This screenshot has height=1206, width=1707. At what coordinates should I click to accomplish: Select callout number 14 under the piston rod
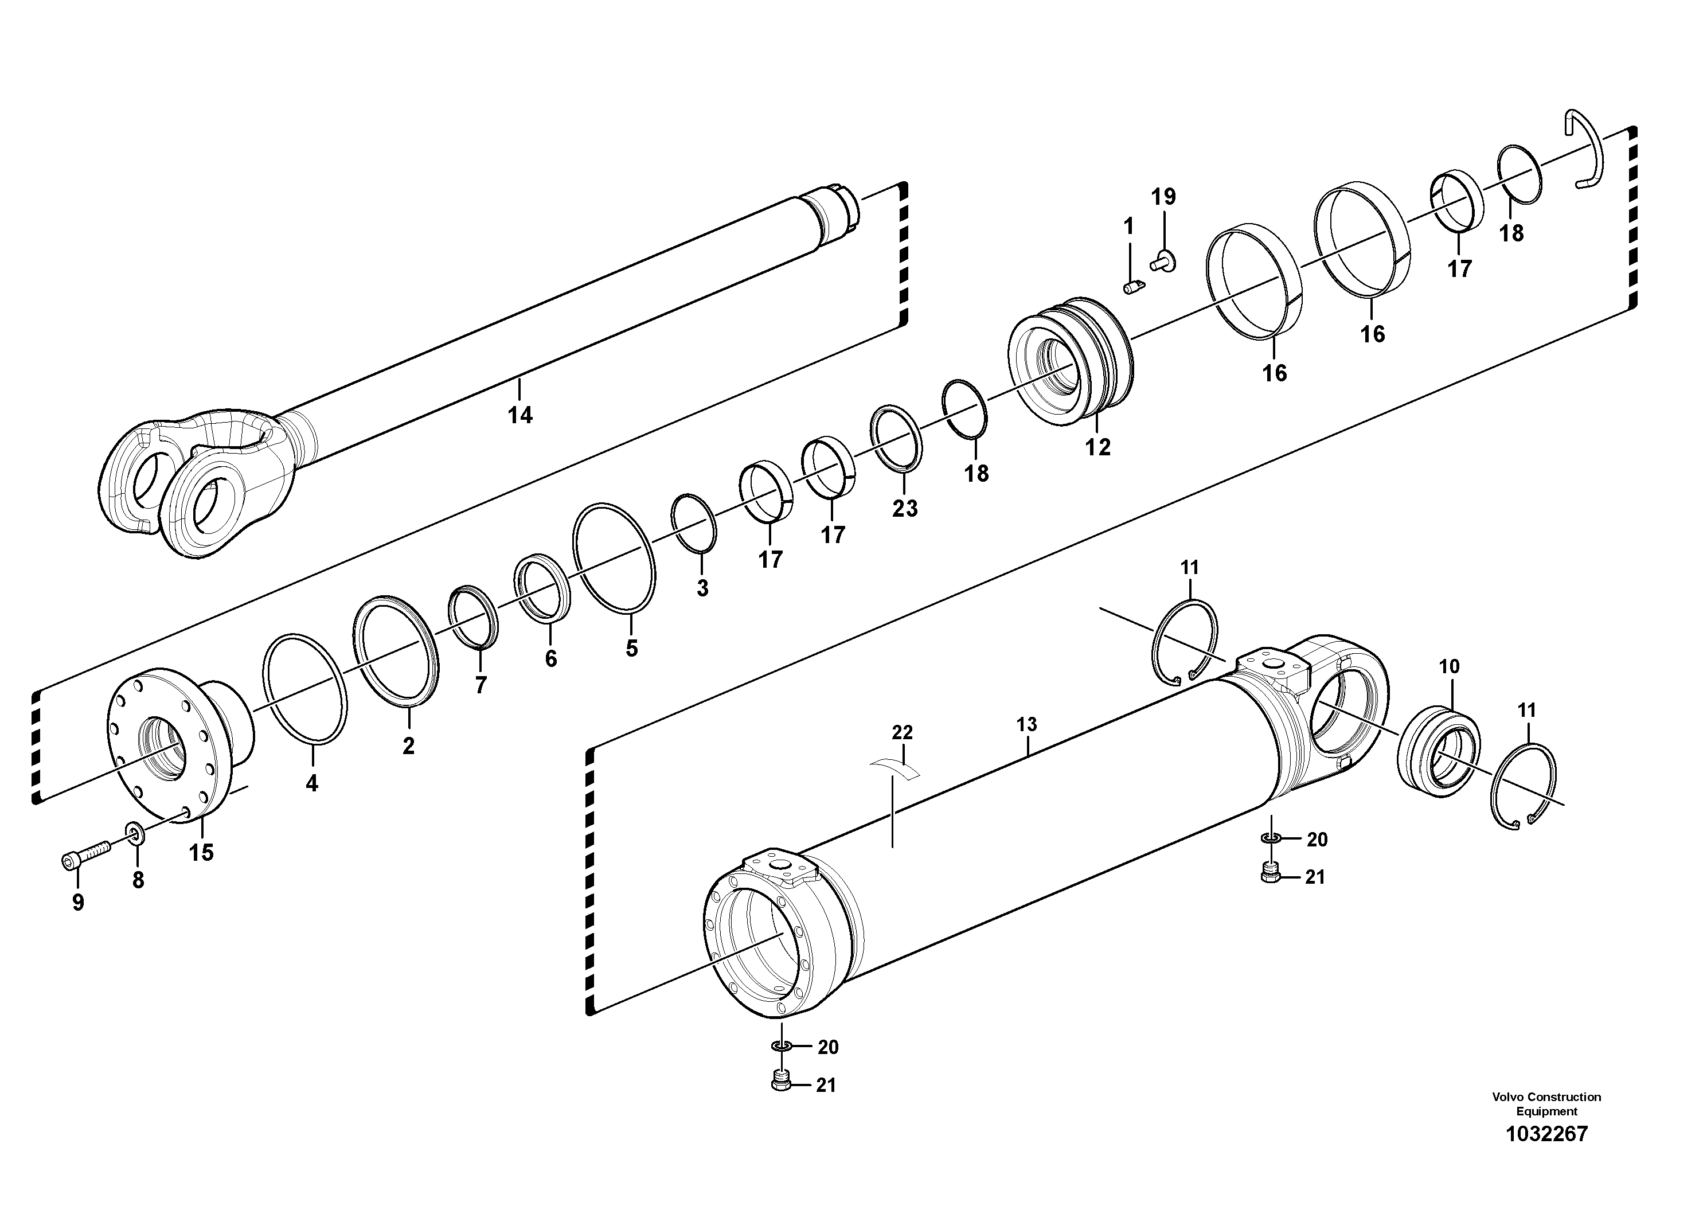pyautogui.click(x=521, y=415)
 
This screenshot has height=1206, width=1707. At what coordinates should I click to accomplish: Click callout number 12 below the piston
pyautogui.click(x=1098, y=447)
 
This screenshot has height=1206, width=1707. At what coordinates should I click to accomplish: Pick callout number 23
pyautogui.click(x=905, y=509)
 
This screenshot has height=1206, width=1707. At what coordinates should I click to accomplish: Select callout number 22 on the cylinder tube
pyautogui.click(x=902, y=732)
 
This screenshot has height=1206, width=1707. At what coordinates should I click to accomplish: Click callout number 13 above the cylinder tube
pyautogui.click(x=1027, y=724)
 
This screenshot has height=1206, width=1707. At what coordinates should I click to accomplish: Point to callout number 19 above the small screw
pyautogui.click(x=1163, y=197)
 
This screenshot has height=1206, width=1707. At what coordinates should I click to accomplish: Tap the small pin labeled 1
pyautogui.click(x=1131, y=286)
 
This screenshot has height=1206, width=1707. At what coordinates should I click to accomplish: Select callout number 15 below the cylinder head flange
pyautogui.click(x=201, y=853)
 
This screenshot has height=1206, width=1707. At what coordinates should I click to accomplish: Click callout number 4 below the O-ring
pyautogui.click(x=311, y=783)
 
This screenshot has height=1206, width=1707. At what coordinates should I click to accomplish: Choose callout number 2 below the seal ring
pyautogui.click(x=408, y=746)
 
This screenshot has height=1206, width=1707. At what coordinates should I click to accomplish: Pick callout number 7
pyautogui.click(x=481, y=685)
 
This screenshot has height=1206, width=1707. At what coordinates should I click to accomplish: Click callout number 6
pyautogui.click(x=550, y=659)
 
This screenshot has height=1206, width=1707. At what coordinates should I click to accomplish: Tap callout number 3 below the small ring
pyautogui.click(x=702, y=587)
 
